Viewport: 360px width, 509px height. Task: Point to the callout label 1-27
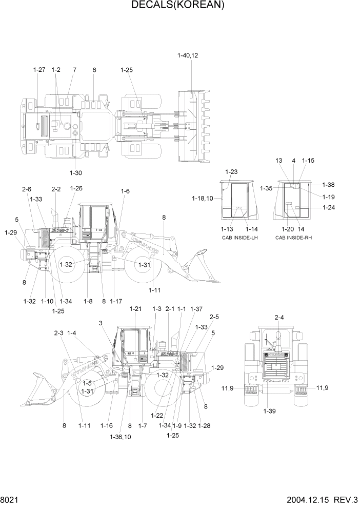39,70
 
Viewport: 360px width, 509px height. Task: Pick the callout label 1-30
76,172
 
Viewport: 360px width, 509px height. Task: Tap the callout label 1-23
232,172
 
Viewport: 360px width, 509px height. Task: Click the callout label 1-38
329,185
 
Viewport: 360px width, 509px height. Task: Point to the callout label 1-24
329,207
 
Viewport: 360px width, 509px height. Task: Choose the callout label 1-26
76,188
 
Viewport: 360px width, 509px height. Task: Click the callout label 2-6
27,189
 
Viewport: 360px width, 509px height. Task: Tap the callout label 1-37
196,309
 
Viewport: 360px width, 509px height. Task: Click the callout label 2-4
279,318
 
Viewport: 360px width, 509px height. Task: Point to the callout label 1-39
270,411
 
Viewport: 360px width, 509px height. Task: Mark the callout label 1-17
116,301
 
